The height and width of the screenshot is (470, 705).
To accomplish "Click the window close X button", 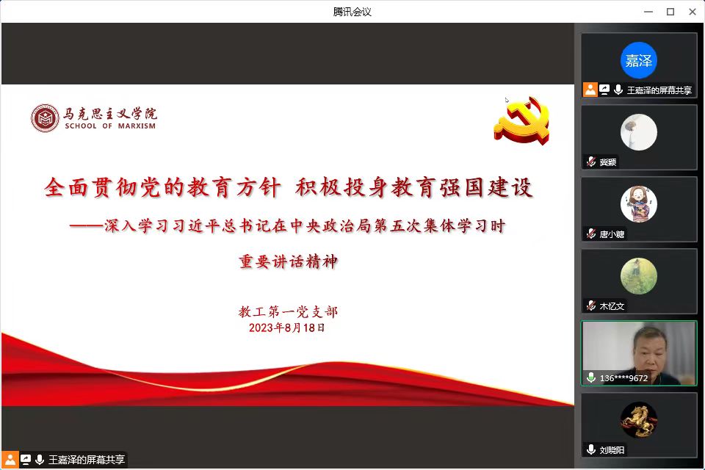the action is tap(693, 12).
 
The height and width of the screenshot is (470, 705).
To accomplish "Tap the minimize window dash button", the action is tap(648, 12).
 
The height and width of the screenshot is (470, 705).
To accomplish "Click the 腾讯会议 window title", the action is tap(352, 12).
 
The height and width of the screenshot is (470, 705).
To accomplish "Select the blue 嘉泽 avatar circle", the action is tap(638, 60).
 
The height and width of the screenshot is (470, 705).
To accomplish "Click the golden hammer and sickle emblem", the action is tap(522, 120).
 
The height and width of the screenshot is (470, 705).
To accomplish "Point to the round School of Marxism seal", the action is tap(45, 118).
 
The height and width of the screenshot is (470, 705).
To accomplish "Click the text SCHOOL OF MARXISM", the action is tap(110, 126).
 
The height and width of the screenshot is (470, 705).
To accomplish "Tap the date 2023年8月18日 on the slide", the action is tap(287, 328).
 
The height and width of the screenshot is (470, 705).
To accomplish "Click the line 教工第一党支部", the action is tap(288, 311).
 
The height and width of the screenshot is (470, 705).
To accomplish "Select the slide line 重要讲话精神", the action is tap(288, 261).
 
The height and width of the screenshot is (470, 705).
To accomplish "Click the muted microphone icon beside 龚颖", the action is tap(590, 162).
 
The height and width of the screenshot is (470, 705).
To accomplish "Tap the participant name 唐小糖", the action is tap(612, 234).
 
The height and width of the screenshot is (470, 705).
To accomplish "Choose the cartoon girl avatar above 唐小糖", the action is tap(638, 204).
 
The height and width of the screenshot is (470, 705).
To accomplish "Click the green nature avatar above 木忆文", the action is tap(638, 276).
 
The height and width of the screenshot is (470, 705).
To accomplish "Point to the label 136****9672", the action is tap(623, 378).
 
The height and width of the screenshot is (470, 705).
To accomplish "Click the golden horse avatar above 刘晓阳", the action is tap(638, 420).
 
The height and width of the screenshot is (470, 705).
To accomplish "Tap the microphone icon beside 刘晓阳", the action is tap(590, 449).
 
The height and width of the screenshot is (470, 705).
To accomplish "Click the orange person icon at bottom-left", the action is tap(10, 460).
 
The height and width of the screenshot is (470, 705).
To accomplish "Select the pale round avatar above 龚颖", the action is tap(638, 132).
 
